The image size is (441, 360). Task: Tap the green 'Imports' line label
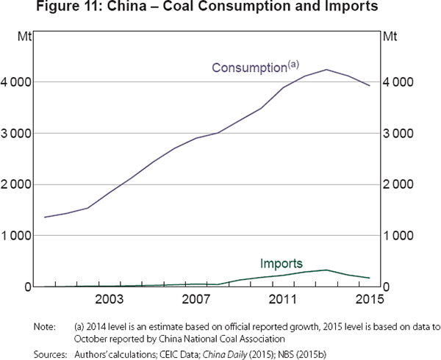point(281,263)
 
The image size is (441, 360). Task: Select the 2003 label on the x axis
point(109,299)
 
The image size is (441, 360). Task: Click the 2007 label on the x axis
point(196,299)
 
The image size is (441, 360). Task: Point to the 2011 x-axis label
point(282,299)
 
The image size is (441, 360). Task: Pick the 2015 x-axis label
point(369,299)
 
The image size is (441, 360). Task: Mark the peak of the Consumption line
point(326,70)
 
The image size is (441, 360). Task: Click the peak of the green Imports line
point(326,270)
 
